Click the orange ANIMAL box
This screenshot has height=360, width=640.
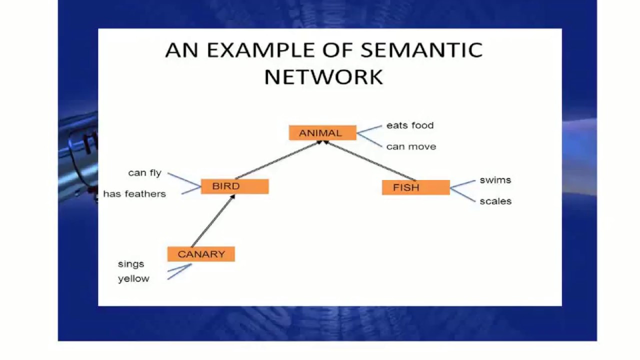[322, 133]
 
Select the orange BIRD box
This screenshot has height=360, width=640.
[234, 186]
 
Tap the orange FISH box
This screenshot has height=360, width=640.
[415, 187]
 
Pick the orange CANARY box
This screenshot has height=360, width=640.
[201, 254]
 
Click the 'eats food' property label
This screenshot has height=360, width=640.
[410, 125]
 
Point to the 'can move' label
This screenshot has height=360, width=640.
[411, 146]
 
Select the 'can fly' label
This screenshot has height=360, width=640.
[144, 173]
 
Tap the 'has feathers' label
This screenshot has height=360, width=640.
[134, 194]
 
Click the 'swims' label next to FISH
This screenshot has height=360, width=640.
[495, 180]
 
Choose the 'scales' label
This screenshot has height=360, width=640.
[495, 201]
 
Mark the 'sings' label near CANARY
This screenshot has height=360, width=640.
[131, 264]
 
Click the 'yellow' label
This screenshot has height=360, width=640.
[133, 279]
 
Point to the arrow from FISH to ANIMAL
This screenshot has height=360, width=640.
[370, 160]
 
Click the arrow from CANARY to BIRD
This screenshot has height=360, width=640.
[213, 221]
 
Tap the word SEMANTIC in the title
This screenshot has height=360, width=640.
[421, 50]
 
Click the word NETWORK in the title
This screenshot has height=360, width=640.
[323, 77]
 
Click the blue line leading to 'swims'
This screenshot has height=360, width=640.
[463, 184]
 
